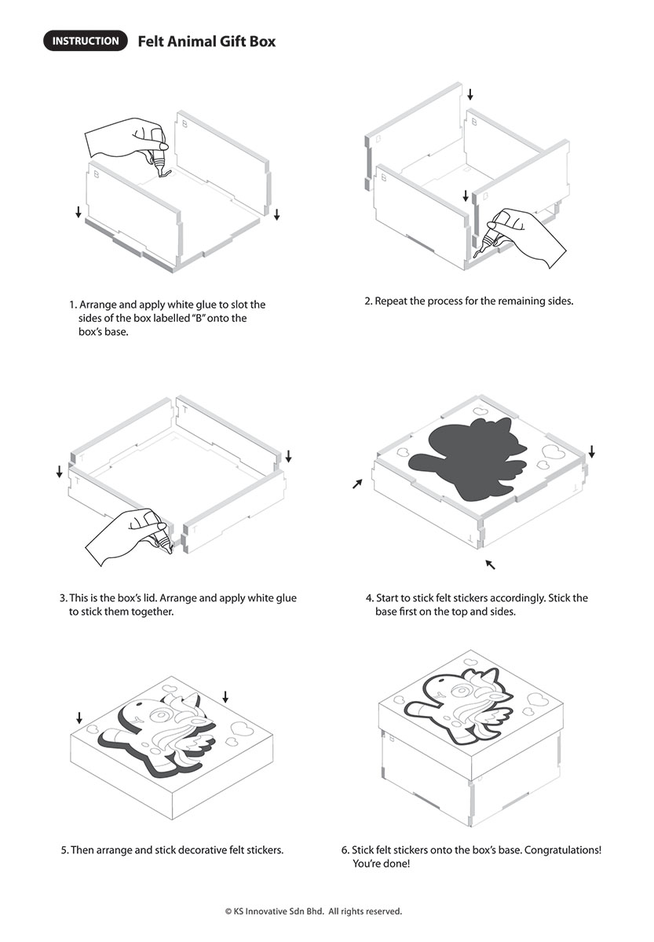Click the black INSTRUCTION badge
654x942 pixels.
[x=85, y=41]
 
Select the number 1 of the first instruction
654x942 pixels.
[x=73, y=305]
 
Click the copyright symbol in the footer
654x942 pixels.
[x=228, y=911]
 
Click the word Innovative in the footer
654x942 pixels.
[x=267, y=911]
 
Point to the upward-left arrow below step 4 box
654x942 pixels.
[x=490, y=564]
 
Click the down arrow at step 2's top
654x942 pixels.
[x=470, y=94]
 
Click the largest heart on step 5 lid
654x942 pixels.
[x=240, y=728]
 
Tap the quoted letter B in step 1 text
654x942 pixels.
[x=198, y=318]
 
